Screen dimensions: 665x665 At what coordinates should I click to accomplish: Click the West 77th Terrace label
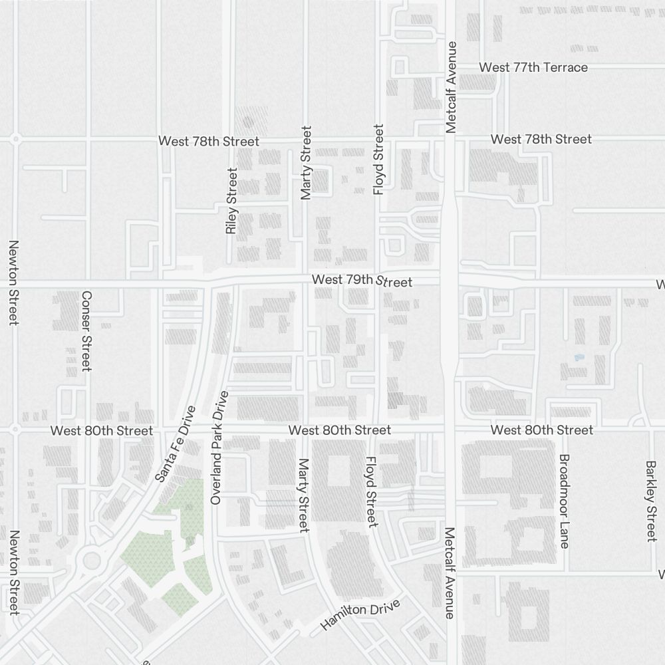click(533, 67)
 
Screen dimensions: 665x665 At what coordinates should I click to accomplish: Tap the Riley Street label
click(231, 201)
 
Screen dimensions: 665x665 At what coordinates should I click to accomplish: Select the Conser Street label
click(86, 331)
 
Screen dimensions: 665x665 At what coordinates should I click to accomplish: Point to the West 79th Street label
click(362, 281)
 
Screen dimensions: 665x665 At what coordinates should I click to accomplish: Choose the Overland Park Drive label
click(219, 448)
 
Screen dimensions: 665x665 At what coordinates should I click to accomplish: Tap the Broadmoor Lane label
click(564, 501)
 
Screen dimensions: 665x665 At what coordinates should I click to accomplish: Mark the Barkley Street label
click(651, 501)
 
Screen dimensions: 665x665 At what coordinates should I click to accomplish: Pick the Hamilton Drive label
click(360, 615)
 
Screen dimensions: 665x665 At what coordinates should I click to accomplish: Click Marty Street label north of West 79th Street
click(306, 163)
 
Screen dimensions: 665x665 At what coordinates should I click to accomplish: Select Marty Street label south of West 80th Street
click(304, 495)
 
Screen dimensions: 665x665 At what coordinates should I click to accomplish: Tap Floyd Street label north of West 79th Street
click(379, 160)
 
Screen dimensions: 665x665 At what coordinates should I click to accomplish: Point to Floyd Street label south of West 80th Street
click(371, 492)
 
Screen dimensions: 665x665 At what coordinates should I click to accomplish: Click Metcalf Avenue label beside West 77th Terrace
click(452, 87)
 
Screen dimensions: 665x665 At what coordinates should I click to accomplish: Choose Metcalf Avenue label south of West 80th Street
click(450, 573)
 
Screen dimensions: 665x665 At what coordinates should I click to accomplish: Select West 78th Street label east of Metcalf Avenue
click(541, 139)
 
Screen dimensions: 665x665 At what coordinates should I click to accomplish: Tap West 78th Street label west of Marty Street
click(208, 141)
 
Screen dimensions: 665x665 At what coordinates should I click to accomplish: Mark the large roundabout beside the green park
click(91, 561)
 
